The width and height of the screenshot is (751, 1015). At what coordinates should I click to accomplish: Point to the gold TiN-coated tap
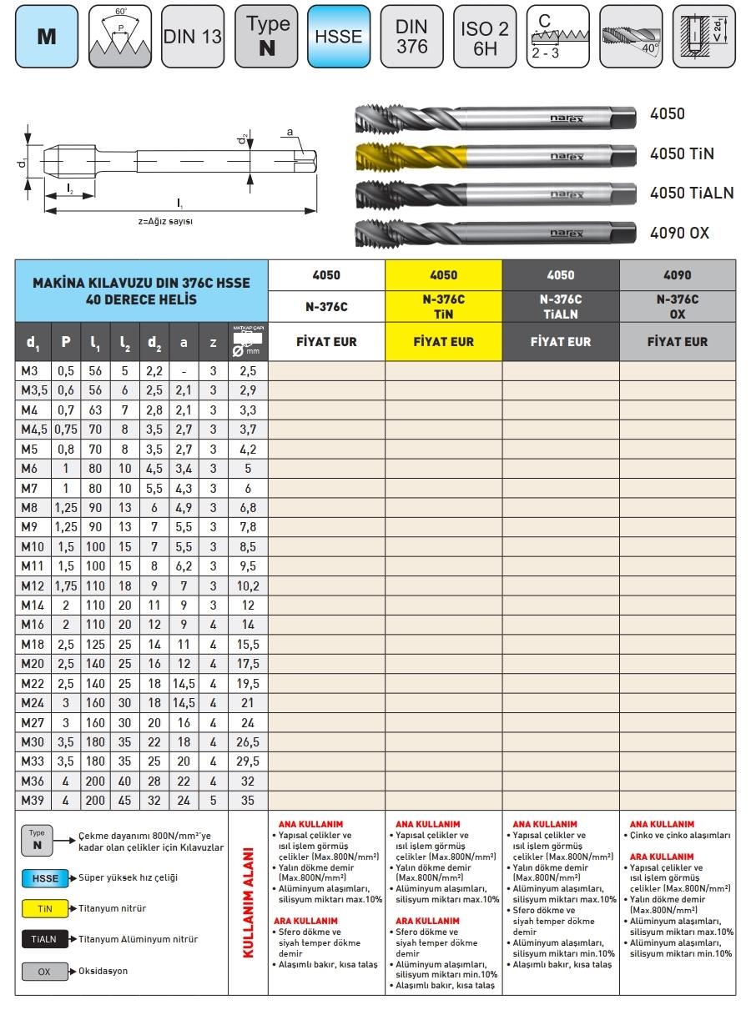tap(492, 156)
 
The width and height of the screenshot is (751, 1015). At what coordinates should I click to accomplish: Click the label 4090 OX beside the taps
tap(679, 233)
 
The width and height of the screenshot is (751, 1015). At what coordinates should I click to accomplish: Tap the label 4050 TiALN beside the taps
tap(691, 193)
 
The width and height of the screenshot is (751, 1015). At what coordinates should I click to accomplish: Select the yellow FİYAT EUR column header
tap(443, 342)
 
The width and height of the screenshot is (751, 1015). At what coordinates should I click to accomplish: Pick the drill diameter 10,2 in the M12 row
tap(248, 586)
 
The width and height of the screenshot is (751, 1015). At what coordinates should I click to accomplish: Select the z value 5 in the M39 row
tap(213, 801)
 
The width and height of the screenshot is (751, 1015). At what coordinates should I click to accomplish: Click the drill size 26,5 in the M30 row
tap(248, 742)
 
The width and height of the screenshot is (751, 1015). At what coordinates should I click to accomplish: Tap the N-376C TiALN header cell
tap(561, 307)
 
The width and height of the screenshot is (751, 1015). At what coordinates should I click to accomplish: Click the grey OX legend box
tap(44, 972)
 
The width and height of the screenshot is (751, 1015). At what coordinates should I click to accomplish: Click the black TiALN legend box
tap(44, 940)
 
